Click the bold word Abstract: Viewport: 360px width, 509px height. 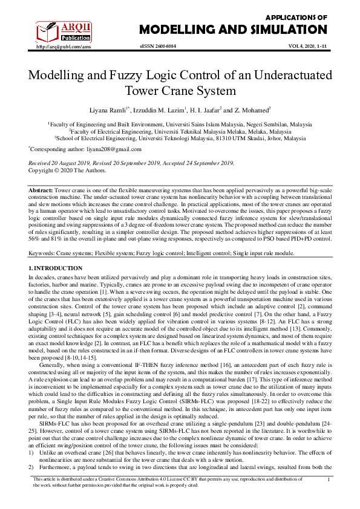pyautogui.click(x=41, y=190)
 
